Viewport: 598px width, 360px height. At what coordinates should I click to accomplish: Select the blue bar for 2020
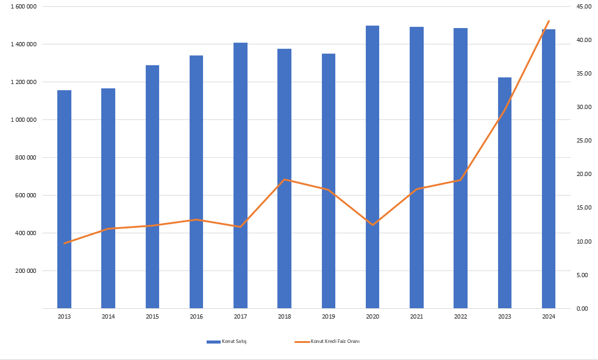pyautogui.click(x=372, y=167)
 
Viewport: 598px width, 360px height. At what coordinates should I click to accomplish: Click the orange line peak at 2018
pyautogui.click(x=285, y=180)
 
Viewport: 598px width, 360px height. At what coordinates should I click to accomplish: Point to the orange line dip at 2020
pyautogui.click(x=372, y=225)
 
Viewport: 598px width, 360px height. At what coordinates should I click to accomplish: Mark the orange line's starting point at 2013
pyautogui.click(x=64, y=243)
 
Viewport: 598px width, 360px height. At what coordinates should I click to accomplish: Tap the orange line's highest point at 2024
pyautogui.click(x=549, y=21)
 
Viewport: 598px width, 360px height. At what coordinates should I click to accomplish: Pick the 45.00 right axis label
pyautogui.click(x=583, y=7)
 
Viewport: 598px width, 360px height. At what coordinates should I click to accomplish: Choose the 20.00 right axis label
pyautogui.click(x=583, y=174)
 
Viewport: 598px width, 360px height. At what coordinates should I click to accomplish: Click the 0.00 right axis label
pyautogui.click(x=582, y=309)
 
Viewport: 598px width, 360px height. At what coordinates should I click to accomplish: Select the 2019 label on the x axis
pyautogui.click(x=329, y=317)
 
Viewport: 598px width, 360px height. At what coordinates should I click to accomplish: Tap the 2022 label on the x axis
pyautogui.click(x=461, y=317)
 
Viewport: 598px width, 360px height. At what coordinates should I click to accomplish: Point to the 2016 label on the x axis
pyautogui.click(x=196, y=317)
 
